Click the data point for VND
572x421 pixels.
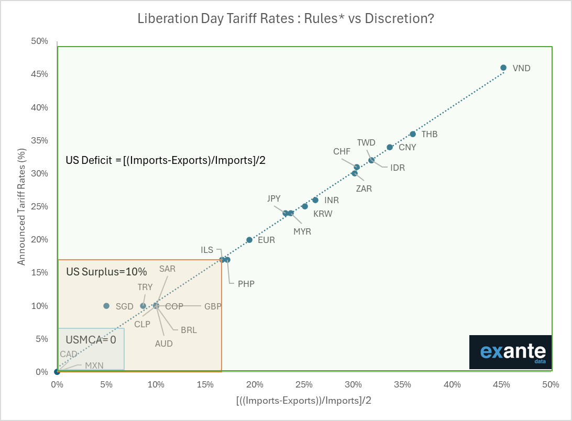503,68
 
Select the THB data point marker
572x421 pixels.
413,134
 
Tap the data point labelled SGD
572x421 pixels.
106,306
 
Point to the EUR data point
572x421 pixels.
249,240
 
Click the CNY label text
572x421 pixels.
408,147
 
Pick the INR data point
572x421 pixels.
315,200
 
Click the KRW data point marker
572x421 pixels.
305,206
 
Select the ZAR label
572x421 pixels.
364,189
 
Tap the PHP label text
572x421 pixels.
246,284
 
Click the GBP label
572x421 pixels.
213,306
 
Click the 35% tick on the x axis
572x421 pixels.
402,385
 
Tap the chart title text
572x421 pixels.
285,19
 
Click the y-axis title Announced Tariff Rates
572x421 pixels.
21,206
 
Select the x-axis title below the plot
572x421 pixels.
304,401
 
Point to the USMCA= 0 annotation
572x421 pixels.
91,339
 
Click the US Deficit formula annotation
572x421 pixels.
166,160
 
